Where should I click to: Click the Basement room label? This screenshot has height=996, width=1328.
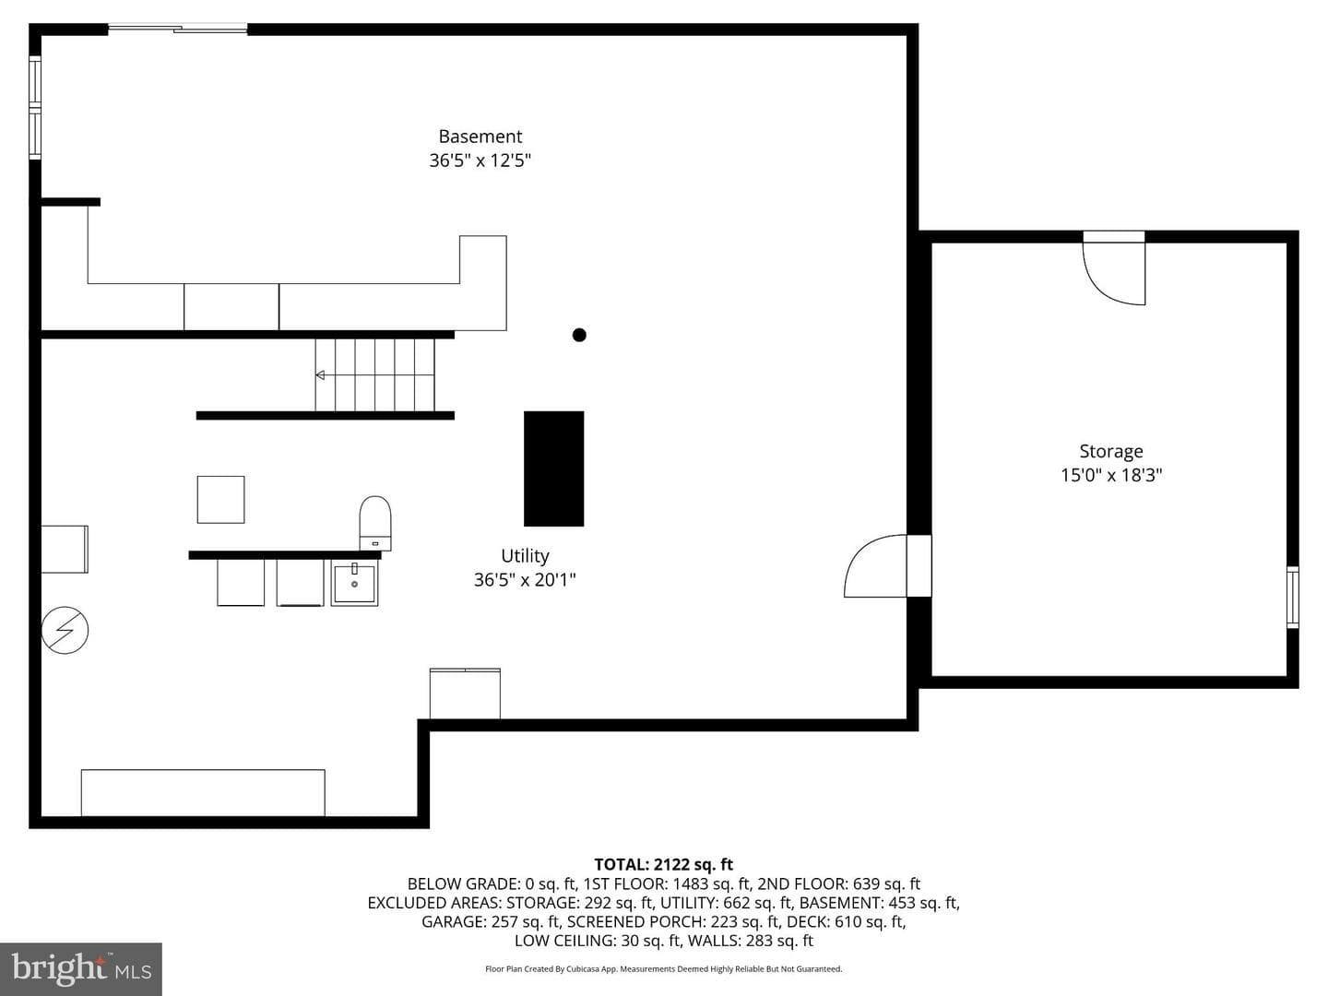pos(480,136)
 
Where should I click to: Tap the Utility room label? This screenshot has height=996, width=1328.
pos(525,556)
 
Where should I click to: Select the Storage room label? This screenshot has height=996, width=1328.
pos(1110,451)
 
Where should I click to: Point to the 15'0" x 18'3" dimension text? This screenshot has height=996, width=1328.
pos(1110,475)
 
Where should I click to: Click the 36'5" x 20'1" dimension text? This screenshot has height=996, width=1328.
pos(525,580)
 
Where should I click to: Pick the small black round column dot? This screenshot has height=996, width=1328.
pos(579,335)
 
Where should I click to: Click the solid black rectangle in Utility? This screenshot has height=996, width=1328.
pos(553,468)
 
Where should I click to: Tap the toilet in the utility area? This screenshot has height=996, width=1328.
pos(375,523)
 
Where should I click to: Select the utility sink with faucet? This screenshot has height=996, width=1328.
pos(354,582)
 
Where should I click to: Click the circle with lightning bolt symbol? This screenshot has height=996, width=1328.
pos(65,630)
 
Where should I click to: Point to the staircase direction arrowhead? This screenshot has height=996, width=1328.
pos(320,375)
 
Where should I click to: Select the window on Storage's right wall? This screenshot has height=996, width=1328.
pos(1292,598)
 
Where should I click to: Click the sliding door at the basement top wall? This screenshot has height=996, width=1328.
pos(178,28)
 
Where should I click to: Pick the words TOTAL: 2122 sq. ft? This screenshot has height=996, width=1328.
pos(663,864)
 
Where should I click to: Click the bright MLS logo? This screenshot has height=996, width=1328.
pos(81,968)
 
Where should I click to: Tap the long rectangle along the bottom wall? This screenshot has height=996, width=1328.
pos(203,793)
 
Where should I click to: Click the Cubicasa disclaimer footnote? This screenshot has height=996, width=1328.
pos(663,968)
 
